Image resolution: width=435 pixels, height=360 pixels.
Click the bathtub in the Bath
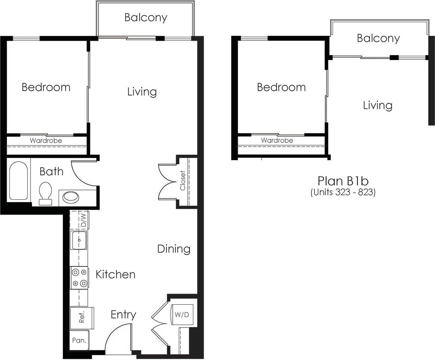[x=18, y=181]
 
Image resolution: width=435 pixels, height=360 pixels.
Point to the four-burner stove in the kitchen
[x=79, y=278]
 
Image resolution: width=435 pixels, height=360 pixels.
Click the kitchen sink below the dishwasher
[x=79, y=240]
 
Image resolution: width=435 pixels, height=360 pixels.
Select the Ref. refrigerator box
[x=81, y=317]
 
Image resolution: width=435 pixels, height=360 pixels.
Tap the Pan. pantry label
[x=79, y=340]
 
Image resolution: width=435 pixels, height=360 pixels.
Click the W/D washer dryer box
[x=182, y=314]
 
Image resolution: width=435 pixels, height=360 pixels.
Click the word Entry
[x=123, y=315]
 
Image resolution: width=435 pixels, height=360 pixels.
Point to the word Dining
[x=173, y=249]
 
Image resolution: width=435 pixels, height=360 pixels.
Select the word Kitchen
[x=115, y=275]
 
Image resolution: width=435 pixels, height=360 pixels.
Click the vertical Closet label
[x=183, y=181]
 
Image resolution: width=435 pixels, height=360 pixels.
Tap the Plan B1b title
[x=343, y=181]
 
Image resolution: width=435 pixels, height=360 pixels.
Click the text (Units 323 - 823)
[x=342, y=192]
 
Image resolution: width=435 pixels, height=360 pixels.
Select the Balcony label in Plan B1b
[x=378, y=38]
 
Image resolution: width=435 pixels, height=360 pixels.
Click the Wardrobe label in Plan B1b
[x=277, y=141]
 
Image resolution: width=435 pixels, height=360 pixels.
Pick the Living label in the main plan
[x=142, y=91]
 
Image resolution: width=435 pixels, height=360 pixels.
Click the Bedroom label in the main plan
[x=46, y=87]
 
